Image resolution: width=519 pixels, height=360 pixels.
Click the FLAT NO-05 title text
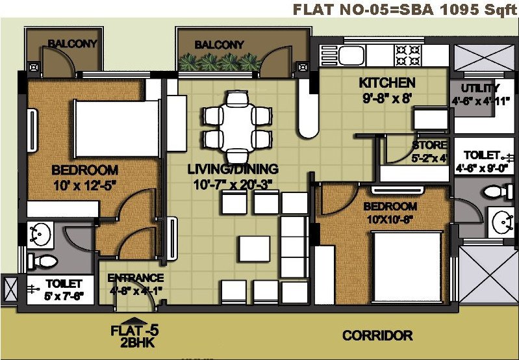(x=404, y=9)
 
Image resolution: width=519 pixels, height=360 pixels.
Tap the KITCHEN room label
(x=387, y=83)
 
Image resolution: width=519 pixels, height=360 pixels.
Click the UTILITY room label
(x=479, y=88)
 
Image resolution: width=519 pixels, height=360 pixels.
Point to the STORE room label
(x=429, y=145)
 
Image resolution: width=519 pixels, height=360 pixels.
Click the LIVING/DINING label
(x=233, y=169)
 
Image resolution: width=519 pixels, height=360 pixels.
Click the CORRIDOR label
(x=377, y=335)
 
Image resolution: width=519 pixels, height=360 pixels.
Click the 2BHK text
(x=134, y=342)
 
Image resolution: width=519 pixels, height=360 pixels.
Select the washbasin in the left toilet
(x=41, y=234)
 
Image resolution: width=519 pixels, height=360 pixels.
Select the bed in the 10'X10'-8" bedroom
(x=409, y=266)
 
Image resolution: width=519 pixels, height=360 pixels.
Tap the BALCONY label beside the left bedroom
(x=72, y=44)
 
